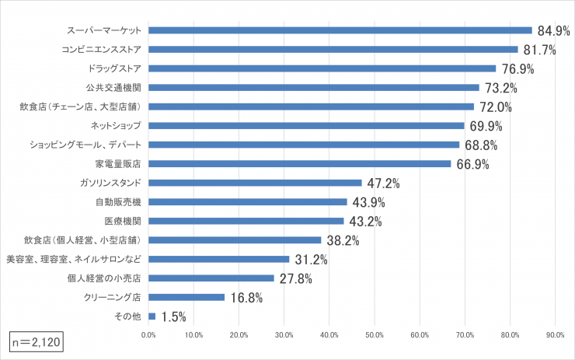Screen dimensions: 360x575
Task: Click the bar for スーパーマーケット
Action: [x=340, y=30]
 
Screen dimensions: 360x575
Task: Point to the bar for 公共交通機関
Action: [x=313, y=87]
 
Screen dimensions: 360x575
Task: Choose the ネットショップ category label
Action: [x=116, y=125]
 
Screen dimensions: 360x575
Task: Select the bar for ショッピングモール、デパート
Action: [x=304, y=145]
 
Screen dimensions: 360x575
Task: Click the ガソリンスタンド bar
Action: [x=255, y=183]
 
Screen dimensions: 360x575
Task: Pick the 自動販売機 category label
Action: [x=118, y=202]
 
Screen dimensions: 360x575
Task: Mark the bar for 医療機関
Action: [x=246, y=221]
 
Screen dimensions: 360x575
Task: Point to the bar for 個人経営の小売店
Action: [x=211, y=278]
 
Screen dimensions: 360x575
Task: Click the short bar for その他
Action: [x=152, y=316]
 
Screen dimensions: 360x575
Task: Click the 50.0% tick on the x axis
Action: [x=375, y=335]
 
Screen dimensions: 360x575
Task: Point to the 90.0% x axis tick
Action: [x=555, y=335]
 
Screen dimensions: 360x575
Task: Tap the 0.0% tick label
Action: [x=148, y=335]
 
